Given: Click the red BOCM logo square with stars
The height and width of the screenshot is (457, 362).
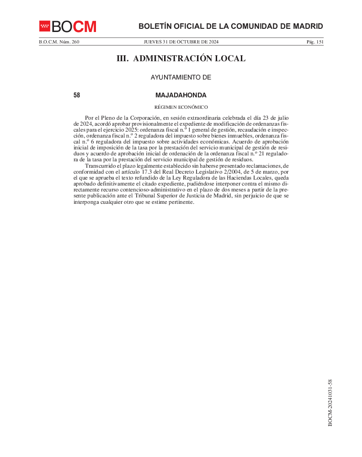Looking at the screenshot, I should [45, 26].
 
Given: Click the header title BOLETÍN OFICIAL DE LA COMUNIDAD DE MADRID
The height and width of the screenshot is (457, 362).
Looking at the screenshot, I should [230, 26].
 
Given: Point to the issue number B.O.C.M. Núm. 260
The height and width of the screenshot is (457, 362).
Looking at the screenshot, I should [59, 42].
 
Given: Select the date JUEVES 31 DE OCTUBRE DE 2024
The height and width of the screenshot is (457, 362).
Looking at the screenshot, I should [181, 42].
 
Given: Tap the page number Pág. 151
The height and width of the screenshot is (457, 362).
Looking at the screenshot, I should [315, 42].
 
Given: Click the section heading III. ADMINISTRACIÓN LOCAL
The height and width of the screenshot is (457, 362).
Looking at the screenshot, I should [181, 58].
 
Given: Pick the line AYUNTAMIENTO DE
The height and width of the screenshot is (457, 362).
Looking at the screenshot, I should [181, 78].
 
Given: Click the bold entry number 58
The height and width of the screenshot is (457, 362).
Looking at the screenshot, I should [77, 96].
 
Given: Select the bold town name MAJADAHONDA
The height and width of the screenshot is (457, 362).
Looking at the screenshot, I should [181, 96].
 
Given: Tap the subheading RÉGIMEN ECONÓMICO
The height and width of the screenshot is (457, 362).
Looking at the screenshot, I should [181, 107].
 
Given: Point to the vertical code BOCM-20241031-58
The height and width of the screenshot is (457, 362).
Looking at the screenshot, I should [330, 402].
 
